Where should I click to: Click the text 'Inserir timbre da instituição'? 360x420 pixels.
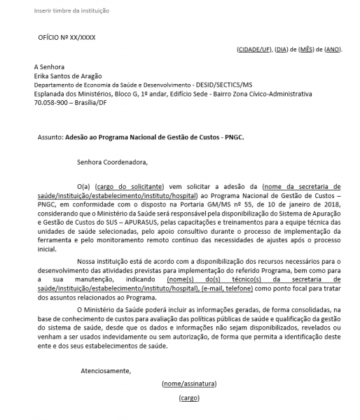(71, 11)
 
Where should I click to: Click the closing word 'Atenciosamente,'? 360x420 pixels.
(106, 370)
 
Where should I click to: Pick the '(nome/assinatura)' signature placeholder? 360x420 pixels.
(189, 384)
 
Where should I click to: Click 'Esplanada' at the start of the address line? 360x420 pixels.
(49, 92)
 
